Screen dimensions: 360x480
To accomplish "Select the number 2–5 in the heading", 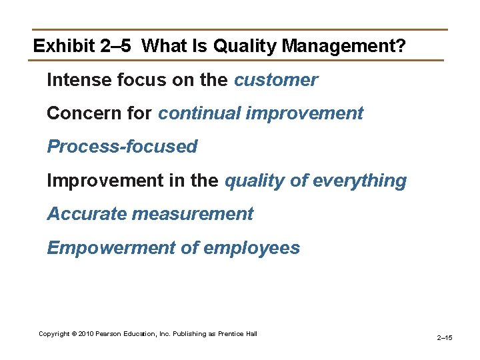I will (x=117, y=46).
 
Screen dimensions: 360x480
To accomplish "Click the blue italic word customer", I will (x=276, y=80).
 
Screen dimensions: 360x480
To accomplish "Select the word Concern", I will (x=77, y=113).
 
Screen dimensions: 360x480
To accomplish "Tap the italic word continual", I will (x=199, y=113).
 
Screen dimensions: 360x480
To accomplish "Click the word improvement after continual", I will (x=305, y=113).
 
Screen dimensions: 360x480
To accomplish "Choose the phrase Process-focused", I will (x=122, y=147).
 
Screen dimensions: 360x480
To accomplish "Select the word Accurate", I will (x=87, y=214).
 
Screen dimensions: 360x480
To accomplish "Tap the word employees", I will (x=251, y=248).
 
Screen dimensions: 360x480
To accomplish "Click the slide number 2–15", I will (x=445, y=338).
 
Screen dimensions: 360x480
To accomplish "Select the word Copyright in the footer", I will (x=54, y=333).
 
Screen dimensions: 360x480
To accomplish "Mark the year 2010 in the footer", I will (x=87, y=333).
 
